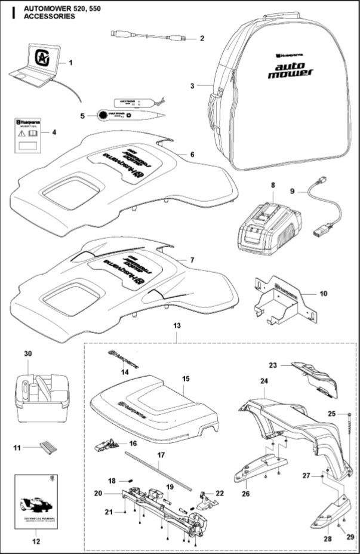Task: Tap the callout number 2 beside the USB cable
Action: (202, 39)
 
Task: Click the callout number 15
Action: (185, 378)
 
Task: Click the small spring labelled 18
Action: (127, 482)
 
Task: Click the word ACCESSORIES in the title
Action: (50, 17)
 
